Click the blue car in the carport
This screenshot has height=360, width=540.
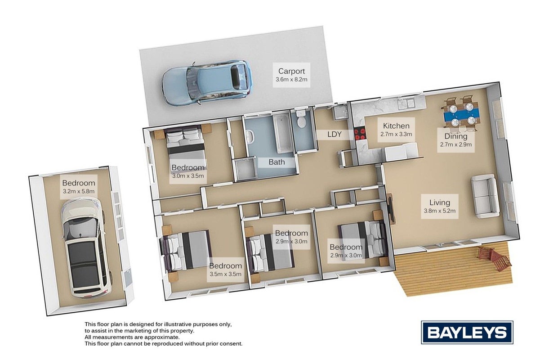pos(207,83)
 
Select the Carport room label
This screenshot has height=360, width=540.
pos(291,71)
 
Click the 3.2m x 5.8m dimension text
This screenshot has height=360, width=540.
pos(79,191)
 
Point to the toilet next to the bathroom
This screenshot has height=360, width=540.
pos(301,119)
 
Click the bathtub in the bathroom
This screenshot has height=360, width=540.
pos(282,134)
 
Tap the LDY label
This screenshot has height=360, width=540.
pos(335,134)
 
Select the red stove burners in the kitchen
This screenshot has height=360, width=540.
pos(360,134)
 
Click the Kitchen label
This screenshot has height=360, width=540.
pos(396,126)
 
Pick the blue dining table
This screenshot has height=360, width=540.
pos(461,114)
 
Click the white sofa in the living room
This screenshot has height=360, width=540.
pos(485,196)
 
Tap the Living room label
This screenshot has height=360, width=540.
pos(440,202)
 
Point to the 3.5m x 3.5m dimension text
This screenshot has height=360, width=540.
pos(225,274)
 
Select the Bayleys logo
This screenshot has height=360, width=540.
pos(467,332)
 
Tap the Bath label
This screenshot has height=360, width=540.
pos(277,162)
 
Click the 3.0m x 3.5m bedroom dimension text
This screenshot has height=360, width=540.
pos(188,175)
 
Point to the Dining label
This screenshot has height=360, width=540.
pos(456,136)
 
